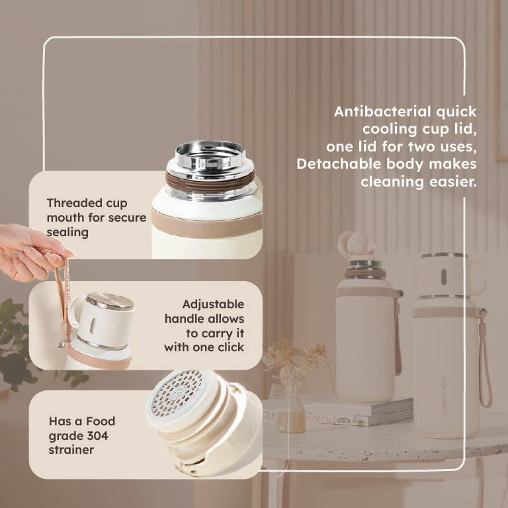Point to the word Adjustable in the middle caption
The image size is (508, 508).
point(214,305)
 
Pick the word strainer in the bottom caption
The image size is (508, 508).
point(71,450)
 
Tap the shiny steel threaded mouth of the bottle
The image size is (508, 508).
point(210,156)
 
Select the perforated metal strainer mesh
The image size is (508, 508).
point(177,393)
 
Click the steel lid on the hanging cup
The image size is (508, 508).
point(110,302)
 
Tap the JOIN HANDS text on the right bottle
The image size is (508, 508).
point(444,396)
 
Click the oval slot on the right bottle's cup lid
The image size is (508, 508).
point(444,276)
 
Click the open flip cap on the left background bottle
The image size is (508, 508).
point(357,243)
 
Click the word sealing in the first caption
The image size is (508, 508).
point(67,233)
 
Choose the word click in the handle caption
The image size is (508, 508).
point(231,347)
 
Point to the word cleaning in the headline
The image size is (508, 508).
point(392,181)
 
